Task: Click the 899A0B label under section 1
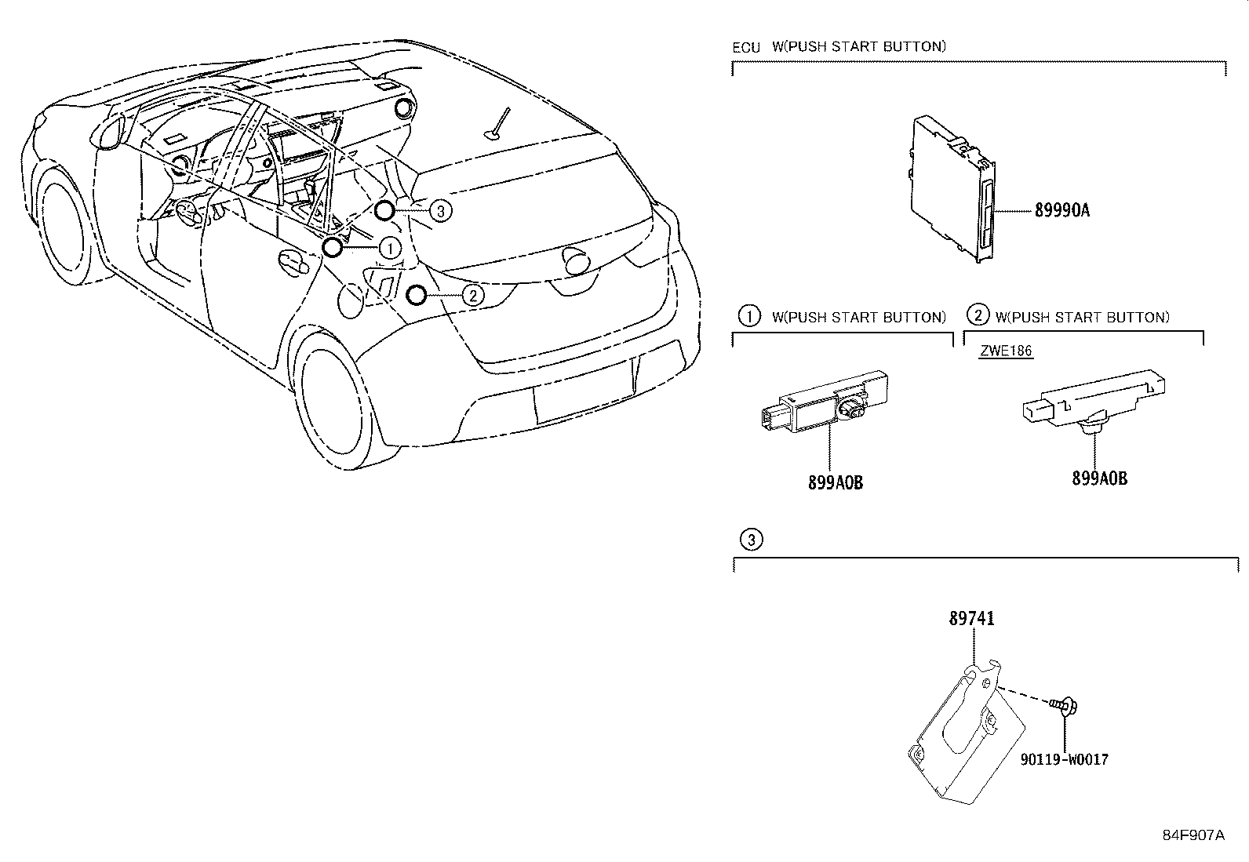pos(836,483)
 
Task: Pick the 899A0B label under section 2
pos(1099,478)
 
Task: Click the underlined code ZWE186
pos(1006,351)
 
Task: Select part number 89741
pos(971,618)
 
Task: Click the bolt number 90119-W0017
pos(1065,759)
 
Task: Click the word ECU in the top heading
pos(746,47)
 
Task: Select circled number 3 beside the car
pos(441,210)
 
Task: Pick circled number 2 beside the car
pos(472,295)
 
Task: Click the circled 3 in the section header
pos(751,539)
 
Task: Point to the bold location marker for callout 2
pos(416,295)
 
